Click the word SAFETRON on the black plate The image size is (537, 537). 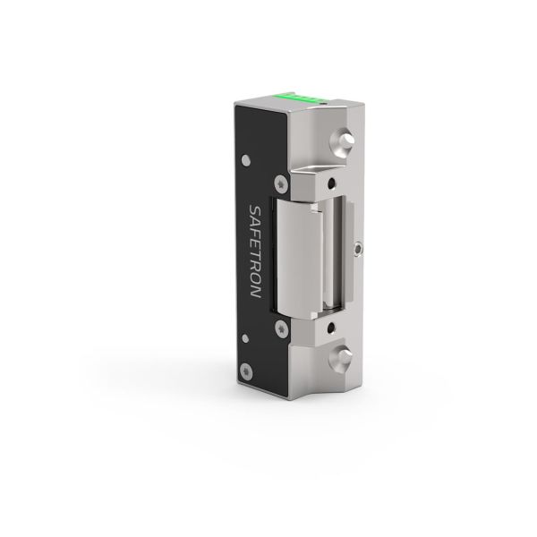tap(256, 251)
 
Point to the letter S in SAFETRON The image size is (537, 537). tap(256, 209)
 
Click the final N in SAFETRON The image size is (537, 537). tap(255, 293)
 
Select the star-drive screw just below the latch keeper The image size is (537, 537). tap(281, 329)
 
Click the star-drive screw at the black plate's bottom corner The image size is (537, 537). tap(246, 372)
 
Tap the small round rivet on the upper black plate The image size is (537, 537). tap(246, 160)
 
